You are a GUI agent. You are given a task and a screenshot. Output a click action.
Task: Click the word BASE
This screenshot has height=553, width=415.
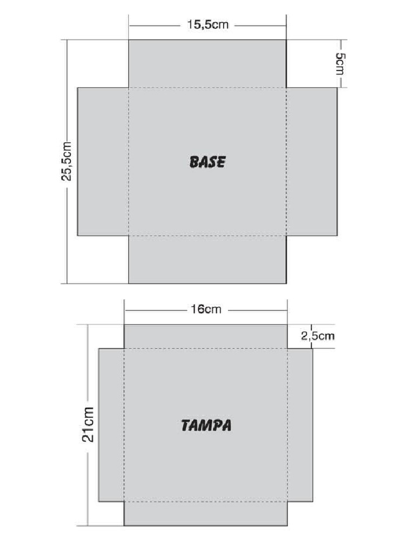pyautogui.click(x=207, y=162)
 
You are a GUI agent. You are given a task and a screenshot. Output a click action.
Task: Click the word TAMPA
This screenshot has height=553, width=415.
pyautogui.click(x=206, y=426)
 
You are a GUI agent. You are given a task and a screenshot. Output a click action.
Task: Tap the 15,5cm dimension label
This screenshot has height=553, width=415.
pyautogui.click(x=207, y=25)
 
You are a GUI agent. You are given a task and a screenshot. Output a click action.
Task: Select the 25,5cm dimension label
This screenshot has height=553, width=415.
pyautogui.click(x=66, y=161)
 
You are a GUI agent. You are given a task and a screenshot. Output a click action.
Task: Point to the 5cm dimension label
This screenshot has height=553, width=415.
pyautogui.click(x=340, y=64)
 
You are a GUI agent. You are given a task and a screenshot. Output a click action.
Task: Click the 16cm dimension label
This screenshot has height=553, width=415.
pyautogui.click(x=206, y=309)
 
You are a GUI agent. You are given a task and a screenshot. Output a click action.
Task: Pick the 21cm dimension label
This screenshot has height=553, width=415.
pyautogui.click(x=88, y=424)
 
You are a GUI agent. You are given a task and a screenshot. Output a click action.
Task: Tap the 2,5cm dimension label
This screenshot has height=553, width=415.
pyautogui.click(x=318, y=336)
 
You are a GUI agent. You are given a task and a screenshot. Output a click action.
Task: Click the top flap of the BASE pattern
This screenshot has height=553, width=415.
pyautogui.click(x=207, y=64)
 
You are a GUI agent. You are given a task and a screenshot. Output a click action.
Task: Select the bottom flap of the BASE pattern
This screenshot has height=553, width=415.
pyautogui.click(x=207, y=259)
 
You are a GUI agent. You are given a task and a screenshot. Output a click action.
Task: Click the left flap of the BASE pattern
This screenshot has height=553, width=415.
pyautogui.click(x=103, y=161)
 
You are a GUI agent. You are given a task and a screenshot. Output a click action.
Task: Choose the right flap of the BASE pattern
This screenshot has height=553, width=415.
pyautogui.click(x=312, y=161)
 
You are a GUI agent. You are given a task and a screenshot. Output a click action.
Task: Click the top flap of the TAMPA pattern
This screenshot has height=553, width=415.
pyautogui.click(x=206, y=336)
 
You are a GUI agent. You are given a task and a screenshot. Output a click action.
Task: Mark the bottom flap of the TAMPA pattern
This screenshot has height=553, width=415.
pyautogui.click(x=206, y=514)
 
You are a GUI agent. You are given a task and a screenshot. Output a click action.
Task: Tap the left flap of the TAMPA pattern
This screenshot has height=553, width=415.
pyautogui.click(x=111, y=425)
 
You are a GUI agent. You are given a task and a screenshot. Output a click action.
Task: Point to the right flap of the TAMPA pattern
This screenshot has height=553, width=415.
pyautogui.click(x=300, y=425)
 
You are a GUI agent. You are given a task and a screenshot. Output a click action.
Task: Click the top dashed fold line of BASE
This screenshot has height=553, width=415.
pyautogui.click(x=207, y=88)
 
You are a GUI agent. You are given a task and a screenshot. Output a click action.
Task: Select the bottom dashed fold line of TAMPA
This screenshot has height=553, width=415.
pyautogui.click(x=206, y=502)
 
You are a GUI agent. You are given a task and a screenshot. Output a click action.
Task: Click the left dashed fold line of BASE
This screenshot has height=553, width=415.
pyautogui.click(x=129, y=161)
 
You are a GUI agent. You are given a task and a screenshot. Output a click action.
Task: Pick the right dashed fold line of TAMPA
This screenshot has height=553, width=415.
pyautogui.click(x=287, y=425)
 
